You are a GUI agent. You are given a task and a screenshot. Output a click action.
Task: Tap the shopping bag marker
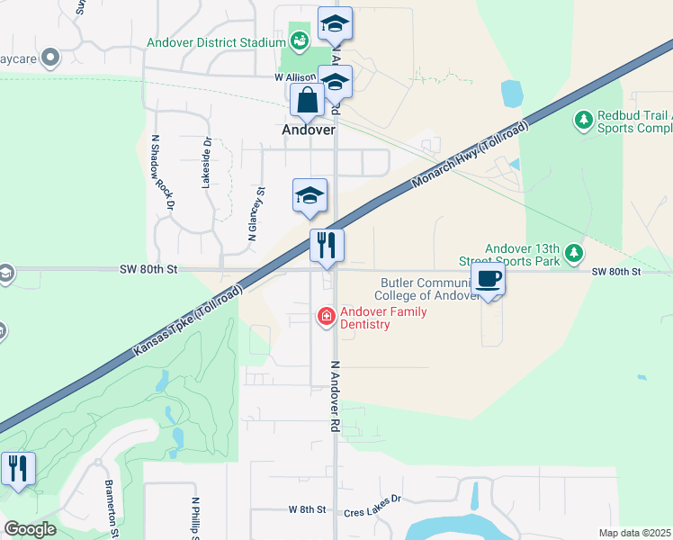click(307, 100)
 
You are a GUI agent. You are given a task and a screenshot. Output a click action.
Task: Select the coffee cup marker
click(488, 279)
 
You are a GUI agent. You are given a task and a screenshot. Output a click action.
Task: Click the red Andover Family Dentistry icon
click(325, 316)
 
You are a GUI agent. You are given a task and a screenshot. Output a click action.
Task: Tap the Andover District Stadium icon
click(300, 40)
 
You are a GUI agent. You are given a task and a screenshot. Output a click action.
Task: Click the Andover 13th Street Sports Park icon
click(570, 255)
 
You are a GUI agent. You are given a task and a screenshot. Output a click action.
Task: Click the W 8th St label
click(306, 509)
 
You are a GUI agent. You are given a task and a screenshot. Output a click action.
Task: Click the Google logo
click(30, 529)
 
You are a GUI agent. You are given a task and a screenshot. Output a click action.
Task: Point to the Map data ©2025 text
click(635, 533)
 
